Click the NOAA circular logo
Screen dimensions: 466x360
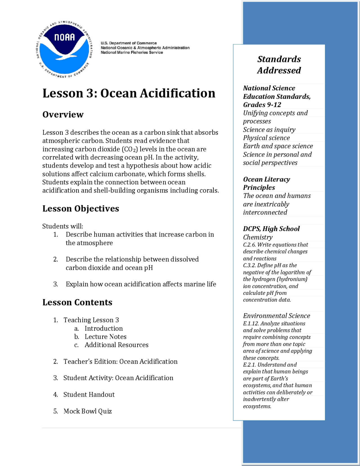pyautogui.click(x=65, y=50)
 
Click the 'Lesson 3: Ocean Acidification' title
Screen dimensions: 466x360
pyautogui.click(x=129, y=93)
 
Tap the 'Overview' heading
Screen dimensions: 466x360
pyautogui.click(x=63, y=115)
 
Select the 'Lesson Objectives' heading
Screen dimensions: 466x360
pyautogui.click(x=81, y=209)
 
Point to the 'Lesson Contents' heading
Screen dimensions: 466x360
pyautogui.click(x=77, y=302)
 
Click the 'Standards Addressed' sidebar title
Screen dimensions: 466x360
pyautogui.click(x=279, y=64)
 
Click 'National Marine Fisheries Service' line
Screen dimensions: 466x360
pyautogui.click(x=132, y=52)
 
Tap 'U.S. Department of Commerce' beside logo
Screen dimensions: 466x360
pyautogui.click(x=129, y=43)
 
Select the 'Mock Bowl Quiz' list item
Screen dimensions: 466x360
pyautogui.click(x=87, y=411)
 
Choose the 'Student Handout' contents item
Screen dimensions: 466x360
pyautogui.click(x=89, y=395)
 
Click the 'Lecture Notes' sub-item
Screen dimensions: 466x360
pyautogui.click(x=105, y=337)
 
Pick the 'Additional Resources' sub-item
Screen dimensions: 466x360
pyautogui.click(x=116, y=345)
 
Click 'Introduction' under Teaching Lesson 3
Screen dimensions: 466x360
pyautogui.click(x=103, y=328)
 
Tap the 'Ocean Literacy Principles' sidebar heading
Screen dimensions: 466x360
pyautogui.click(x=266, y=183)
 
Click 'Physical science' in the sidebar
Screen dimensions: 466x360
pyautogui.click(x=266, y=138)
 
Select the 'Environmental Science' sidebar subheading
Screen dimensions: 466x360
pyautogui.click(x=276, y=316)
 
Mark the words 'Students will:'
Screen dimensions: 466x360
pyautogui.click(x=63, y=226)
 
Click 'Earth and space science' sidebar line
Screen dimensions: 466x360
pyautogui.click(x=278, y=146)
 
